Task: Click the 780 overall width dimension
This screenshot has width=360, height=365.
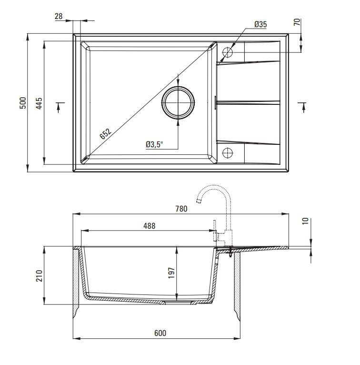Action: [x=181, y=209]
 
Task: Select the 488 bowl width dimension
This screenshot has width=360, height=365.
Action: [x=150, y=225]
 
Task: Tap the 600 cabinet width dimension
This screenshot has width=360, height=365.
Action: [x=160, y=333]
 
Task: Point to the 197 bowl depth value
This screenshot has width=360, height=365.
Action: [x=171, y=273]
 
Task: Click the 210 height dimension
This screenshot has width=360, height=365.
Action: [x=39, y=275]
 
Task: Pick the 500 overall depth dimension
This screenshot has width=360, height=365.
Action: [x=23, y=103]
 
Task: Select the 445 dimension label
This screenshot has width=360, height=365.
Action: [x=39, y=103]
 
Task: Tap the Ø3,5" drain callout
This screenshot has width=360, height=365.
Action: [x=154, y=144]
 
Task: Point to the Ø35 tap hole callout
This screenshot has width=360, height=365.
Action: [x=260, y=24]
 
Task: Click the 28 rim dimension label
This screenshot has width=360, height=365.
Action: [x=59, y=16]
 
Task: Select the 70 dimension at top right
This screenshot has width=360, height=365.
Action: [x=297, y=22]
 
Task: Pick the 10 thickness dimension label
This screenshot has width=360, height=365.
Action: [x=305, y=221]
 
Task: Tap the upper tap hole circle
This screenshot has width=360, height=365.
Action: [x=228, y=52]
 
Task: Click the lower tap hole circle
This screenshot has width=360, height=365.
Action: [x=228, y=153]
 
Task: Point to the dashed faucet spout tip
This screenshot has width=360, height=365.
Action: [x=199, y=201]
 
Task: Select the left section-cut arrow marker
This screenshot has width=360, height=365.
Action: [x=60, y=107]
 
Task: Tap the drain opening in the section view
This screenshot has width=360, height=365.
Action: [x=178, y=302]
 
